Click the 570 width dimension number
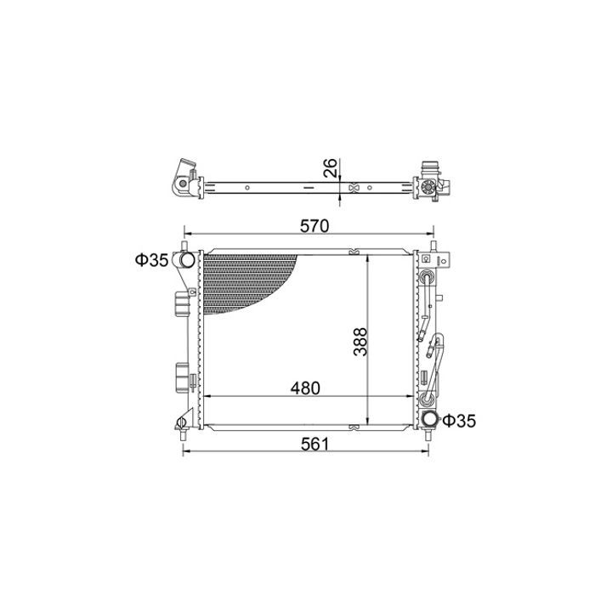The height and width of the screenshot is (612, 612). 314,226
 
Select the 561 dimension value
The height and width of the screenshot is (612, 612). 315,444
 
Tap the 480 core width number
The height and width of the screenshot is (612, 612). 305,388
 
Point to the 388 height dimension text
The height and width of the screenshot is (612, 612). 360,342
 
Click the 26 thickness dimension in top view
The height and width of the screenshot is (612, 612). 331,167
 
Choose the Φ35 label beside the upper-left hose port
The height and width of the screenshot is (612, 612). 152,260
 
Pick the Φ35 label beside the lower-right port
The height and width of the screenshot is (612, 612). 459,421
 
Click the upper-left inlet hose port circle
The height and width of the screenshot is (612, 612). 187,259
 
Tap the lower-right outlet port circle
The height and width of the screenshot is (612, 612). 431,420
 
